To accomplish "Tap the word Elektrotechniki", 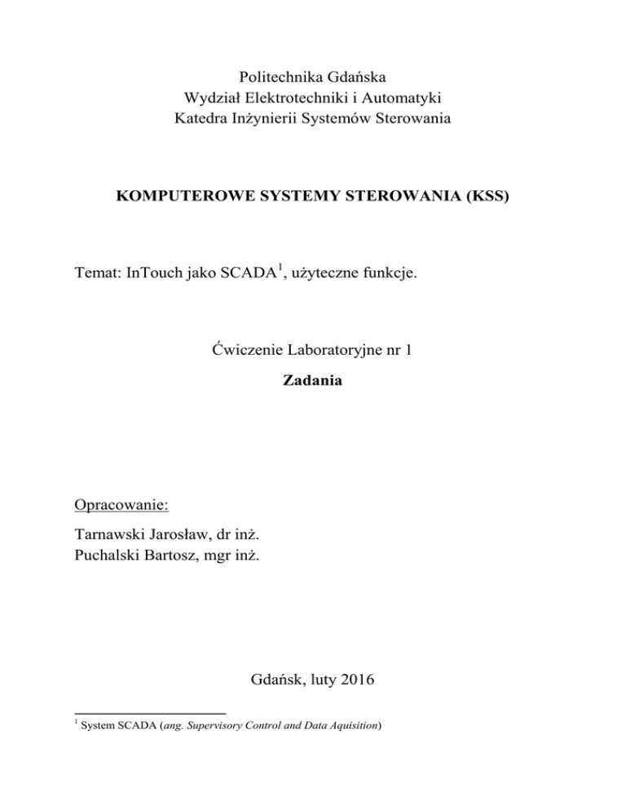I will pos(289,99).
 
